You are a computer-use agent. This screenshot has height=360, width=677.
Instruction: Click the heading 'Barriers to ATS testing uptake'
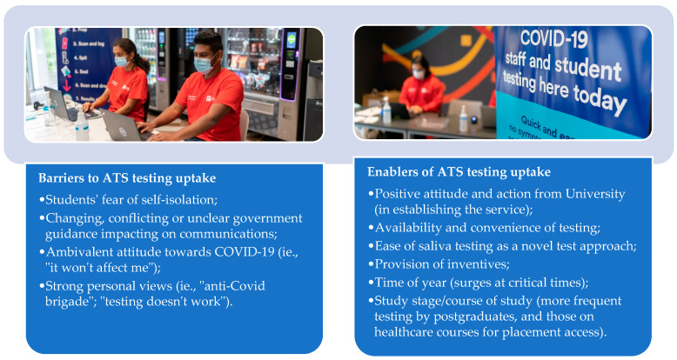[127, 178]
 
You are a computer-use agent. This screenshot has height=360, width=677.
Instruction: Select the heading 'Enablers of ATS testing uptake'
[459, 172]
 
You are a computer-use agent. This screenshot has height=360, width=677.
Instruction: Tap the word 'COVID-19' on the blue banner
[554, 39]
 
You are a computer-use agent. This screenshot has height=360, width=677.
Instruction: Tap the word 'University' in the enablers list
[595, 194]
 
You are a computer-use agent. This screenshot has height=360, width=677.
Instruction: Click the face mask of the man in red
[203, 65]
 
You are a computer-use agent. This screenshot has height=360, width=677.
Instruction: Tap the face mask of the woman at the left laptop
[121, 61]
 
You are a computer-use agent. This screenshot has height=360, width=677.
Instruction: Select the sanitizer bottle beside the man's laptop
[82, 125]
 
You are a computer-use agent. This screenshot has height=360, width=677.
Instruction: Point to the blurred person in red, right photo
[421, 89]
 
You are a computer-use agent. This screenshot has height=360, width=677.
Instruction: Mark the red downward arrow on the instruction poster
[67, 84]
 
